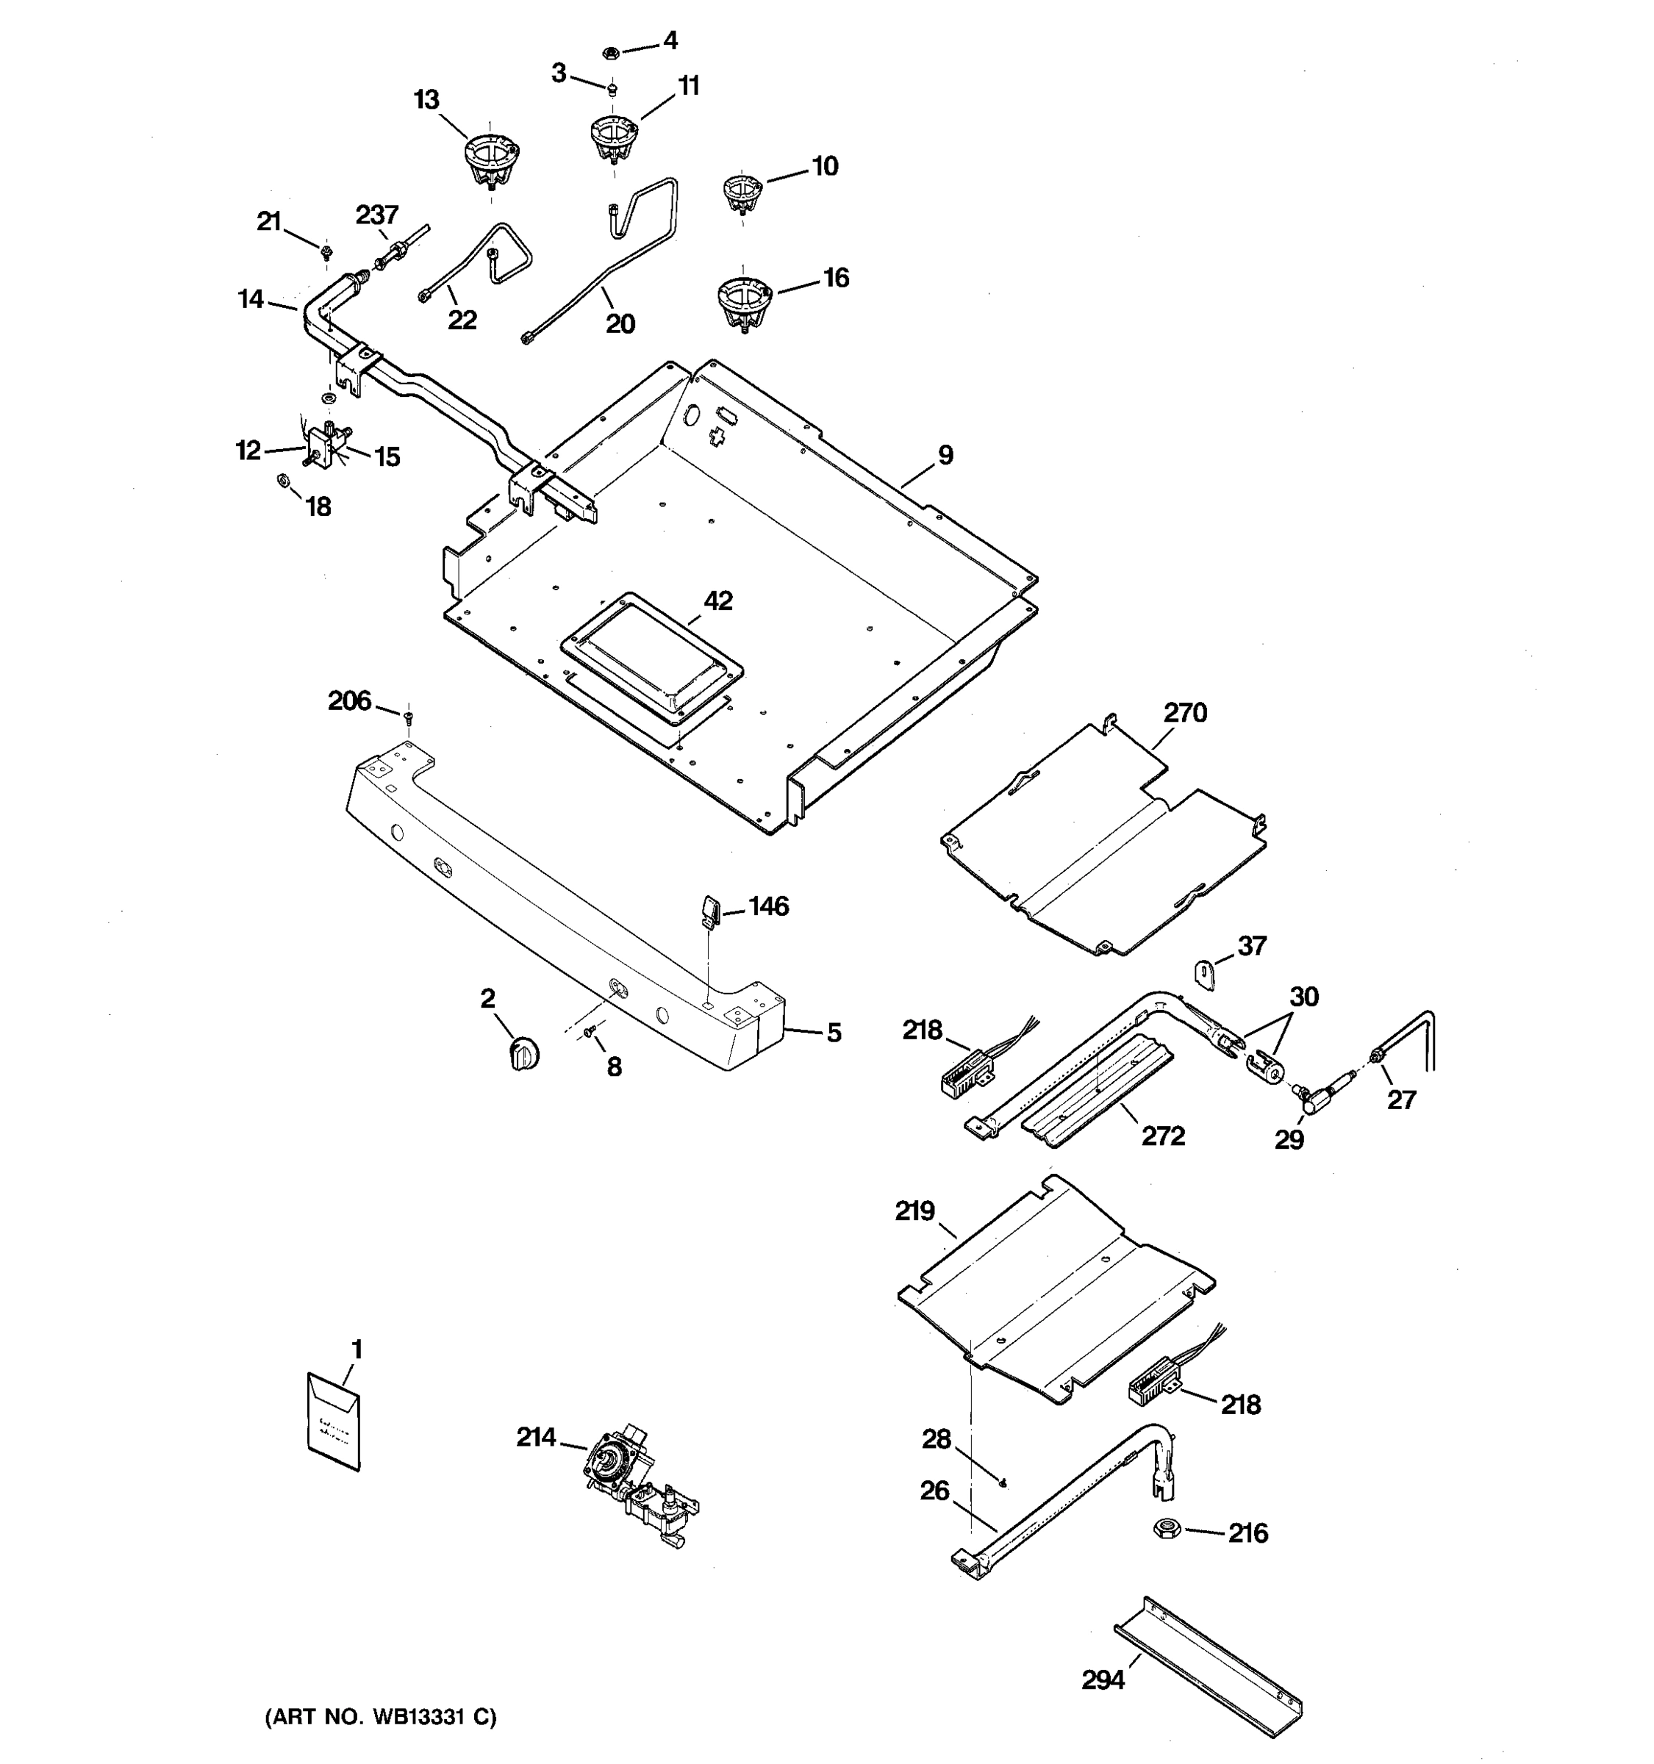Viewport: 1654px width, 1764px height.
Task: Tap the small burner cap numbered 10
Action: pos(742,193)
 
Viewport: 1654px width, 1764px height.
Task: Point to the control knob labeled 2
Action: pos(523,1054)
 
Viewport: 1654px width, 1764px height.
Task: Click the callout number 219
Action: pos(915,1211)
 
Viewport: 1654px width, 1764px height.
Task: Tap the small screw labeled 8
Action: pos(590,1031)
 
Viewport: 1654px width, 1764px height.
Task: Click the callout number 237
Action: pos(377,215)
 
